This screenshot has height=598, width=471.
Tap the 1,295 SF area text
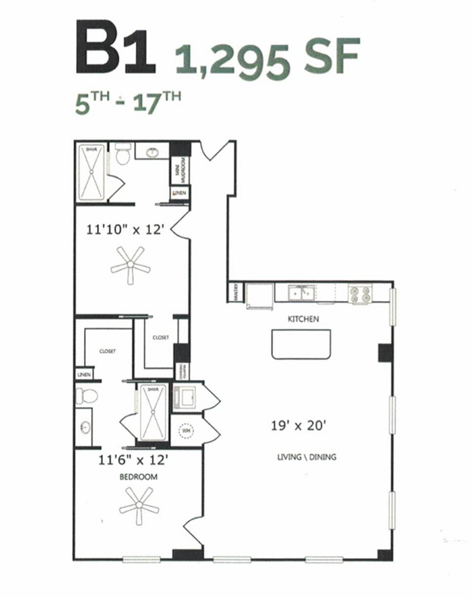pyautogui.click(x=267, y=57)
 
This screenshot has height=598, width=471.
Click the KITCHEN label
pyautogui.click(x=303, y=319)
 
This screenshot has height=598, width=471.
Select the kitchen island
pyautogui.click(x=302, y=344)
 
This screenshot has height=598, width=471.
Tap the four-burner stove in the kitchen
pyautogui.click(x=361, y=294)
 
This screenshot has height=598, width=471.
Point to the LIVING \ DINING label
pyautogui.click(x=307, y=457)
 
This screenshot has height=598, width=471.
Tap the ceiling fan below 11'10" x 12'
pyautogui.click(x=130, y=264)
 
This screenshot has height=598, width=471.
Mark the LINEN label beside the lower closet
pyautogui.click(x=83, y=375)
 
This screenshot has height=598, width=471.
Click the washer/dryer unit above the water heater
pyautogui.click(x=185, y=397)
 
